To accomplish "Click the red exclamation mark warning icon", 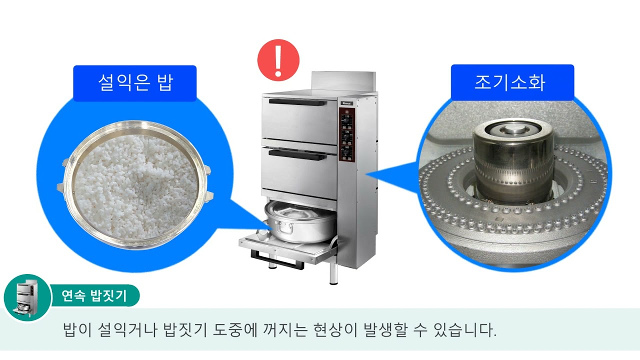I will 278,60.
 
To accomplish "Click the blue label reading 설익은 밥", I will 134,83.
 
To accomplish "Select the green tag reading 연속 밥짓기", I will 93,295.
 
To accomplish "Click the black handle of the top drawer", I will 297,102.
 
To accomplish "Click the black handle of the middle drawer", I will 297,155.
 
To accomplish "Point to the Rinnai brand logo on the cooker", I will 346,103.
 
